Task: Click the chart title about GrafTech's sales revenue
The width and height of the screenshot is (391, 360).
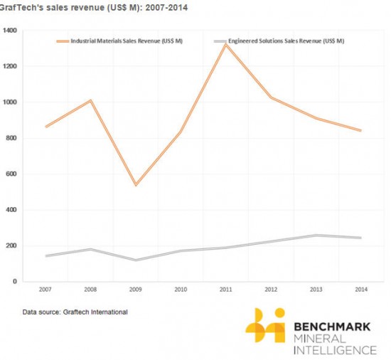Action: pyautogui.click(x=94, y=7)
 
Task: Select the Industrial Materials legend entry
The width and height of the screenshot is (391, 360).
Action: pyautogui.click(x=119, y=41)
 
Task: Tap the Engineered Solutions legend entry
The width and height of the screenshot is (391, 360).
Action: pyautogui.click(x=279, y=41)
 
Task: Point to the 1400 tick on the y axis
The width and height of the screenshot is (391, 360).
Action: pyautogui.click(x=10, y=31)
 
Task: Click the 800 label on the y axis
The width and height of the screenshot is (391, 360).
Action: pyautogui.click(x=11, y=138)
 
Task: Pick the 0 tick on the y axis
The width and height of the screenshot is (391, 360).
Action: pyautogui.click(x=15, y=282)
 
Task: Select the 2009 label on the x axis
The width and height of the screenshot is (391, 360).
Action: pyautogui.click(x=135, y=290)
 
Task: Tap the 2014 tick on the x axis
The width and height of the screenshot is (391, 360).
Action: pyautogui.click(x=361, y=290)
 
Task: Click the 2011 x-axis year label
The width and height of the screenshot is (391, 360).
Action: pyautogui.click(x=225, y=290)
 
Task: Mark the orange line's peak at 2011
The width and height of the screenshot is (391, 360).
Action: pyautogui.click(x=225, y=45)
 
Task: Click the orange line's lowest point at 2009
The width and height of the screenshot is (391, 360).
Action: pyautogui.click(x=136, y=185)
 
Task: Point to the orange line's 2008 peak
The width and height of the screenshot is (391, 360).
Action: pyautogui.click(x=91, y=100)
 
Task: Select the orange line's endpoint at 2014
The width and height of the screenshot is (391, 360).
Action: pyautogui.click(x=360, y=130)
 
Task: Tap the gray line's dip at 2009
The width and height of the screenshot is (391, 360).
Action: pyautogui.click(x=136, y=260)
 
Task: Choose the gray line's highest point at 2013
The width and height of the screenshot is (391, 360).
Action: pyautogui.click(x=316, y=235)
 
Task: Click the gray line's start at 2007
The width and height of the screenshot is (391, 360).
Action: pyautogui.click(x=46, y=255)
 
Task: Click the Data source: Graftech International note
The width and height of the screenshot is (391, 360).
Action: pyautogui.click(x=75, y=312)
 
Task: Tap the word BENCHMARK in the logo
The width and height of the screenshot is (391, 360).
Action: pyautogui.click(x=332, y=327)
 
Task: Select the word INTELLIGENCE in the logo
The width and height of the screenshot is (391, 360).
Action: pyautogui.click(x=335, y=350)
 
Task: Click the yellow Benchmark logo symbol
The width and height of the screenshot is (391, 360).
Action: pyautogui.click(x=265, y=325)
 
